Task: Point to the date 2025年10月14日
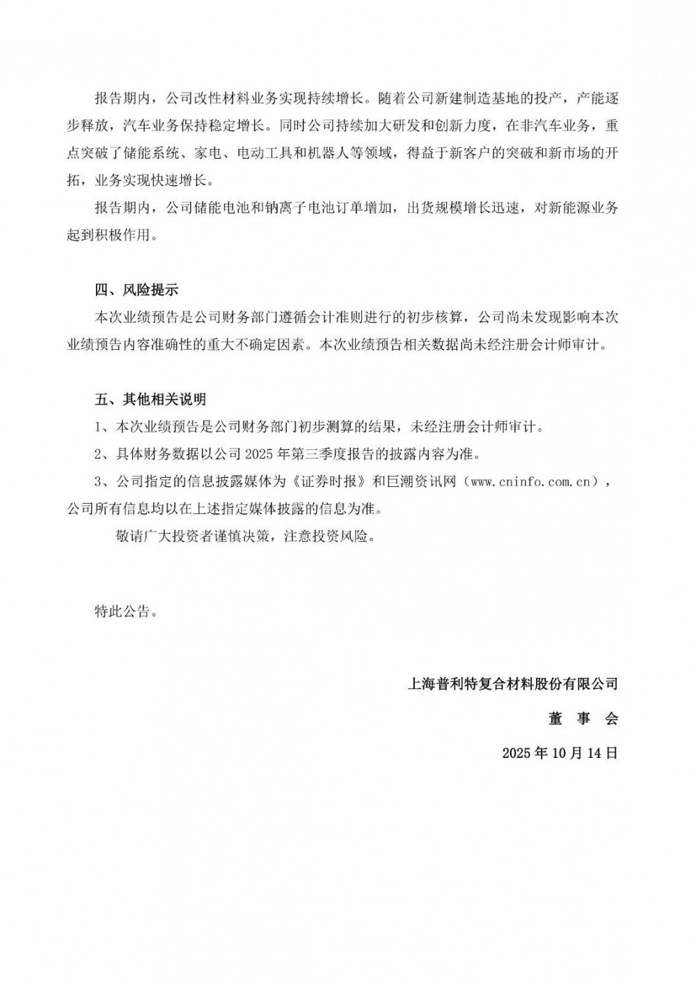pyautogui.click(x=560, y=753)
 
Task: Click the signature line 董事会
pyautogui.click(x=583, y=719)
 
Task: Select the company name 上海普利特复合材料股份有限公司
pyautogui.click(x=512, y=684)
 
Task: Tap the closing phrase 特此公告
pyautogui.click(x=122, y=612)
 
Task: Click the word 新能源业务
pyautogui.click(x=583, y=208)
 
